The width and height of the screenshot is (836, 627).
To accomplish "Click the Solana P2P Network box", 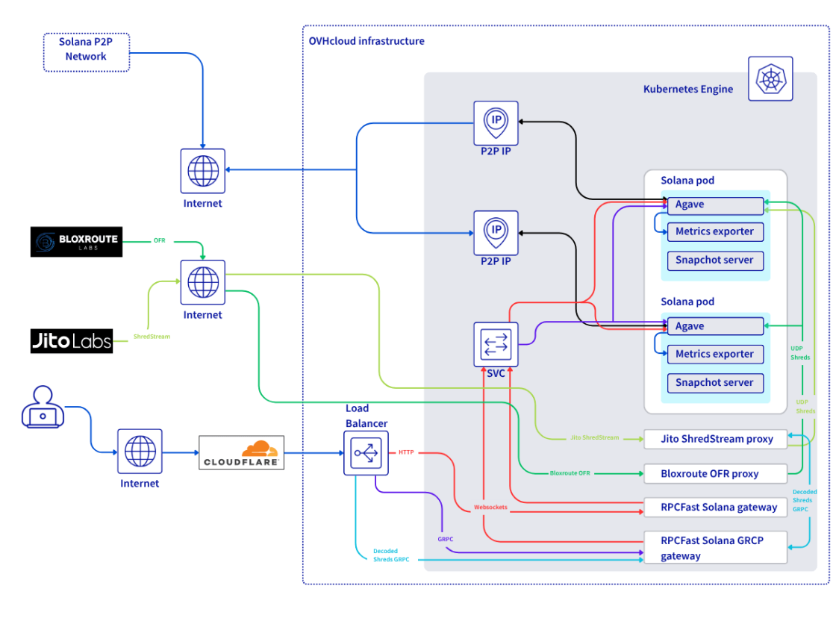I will (x=86, y=52).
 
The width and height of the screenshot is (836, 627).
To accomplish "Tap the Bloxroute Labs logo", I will (x=76, y=242).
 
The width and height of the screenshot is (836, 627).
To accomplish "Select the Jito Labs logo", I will (x=72, y=341).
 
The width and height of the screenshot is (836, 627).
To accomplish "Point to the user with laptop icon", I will (x=43, y=407).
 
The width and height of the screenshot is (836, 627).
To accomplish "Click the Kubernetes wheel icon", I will (x=770, y=78).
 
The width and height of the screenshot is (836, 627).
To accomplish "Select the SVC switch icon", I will (x=496, y=344).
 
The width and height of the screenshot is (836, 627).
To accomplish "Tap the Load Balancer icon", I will (x=366, y=452).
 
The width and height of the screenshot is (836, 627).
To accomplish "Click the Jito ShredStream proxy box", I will (x=714, y=439).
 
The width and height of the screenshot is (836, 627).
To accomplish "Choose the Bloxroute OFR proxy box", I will (x=714, y=473).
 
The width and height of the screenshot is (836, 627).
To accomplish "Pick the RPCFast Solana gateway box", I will (x=714, y=507).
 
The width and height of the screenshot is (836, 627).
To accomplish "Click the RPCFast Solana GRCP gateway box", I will (x=714, y=548).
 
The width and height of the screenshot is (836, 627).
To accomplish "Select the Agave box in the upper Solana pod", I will (x=714, y=205).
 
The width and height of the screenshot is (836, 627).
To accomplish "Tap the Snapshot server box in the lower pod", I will (x=714, y=383).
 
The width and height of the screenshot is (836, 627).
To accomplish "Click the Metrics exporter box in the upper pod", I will (x=714, y=231).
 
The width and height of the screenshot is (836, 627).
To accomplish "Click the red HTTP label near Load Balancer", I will (x=406, y=452).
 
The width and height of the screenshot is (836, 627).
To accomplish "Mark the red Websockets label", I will (x=490, y=508).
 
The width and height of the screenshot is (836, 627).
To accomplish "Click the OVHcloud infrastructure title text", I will (x=366, y=41).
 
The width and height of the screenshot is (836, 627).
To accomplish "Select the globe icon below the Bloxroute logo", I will (x=203, y=282).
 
